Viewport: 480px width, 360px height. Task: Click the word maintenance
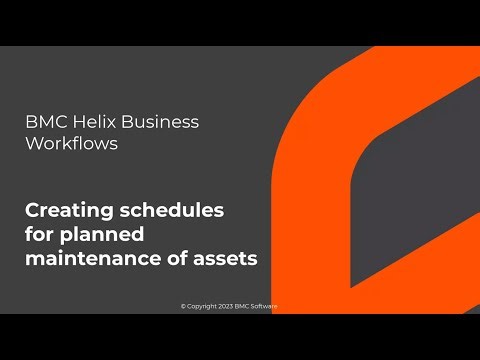click(x=92, y=258)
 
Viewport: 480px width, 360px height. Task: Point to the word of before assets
click(x=176, y=258)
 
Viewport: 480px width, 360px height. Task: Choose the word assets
click(x=224, y=258)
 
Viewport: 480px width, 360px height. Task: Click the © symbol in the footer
click(x=183, y=306)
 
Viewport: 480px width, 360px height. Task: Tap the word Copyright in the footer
click(x=202, y=306)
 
